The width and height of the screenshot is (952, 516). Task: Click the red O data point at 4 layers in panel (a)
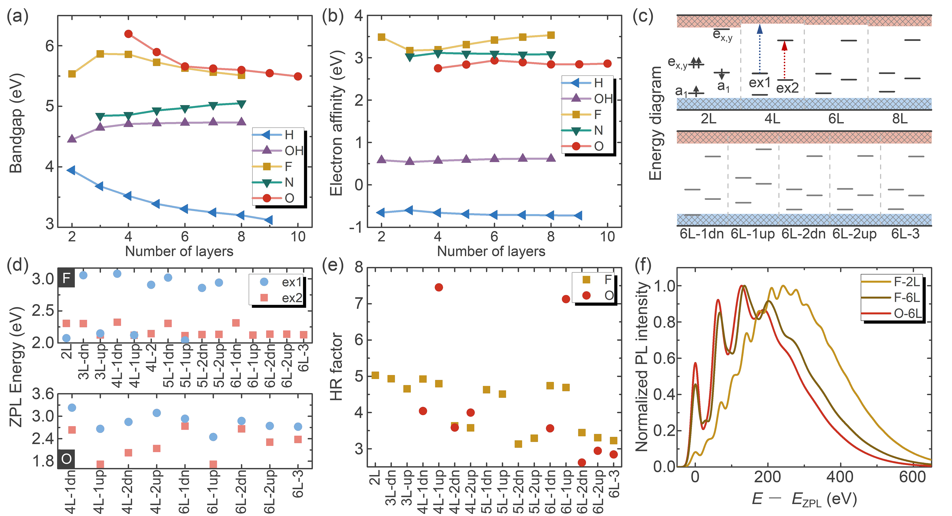tap(128, 34)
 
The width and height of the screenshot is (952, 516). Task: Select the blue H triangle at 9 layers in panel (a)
tap(269, 220)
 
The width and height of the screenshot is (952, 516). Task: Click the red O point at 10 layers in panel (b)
tap(607, 64)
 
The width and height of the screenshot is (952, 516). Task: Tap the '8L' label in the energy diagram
tap(900, 119)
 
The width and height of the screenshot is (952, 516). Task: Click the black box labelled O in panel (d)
tap(66, 459)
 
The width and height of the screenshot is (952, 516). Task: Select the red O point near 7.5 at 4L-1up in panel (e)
tap(439, 287)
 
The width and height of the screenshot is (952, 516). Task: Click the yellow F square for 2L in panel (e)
tap(375, 375)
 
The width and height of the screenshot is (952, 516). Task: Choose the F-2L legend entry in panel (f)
tap(892, 282)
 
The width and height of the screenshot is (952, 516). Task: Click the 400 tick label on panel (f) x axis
tap(840, 477)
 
